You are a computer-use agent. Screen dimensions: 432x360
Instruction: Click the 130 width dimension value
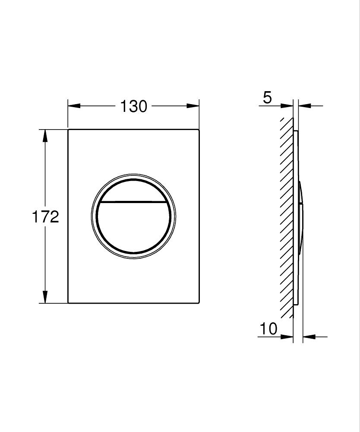click(133, 106)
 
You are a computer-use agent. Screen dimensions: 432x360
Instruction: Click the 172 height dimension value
click(45, 216)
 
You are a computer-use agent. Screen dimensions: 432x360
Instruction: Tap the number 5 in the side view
click(268, 98)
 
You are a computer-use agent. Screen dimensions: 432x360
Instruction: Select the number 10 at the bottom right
click(268, 329)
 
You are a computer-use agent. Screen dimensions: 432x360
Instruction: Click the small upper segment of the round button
click(133, 190)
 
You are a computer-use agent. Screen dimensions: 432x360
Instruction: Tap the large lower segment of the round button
click(133, 227)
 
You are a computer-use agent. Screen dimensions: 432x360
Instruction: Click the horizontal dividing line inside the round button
click(133, 202)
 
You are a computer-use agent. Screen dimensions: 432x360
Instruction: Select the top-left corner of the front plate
click(69, 130)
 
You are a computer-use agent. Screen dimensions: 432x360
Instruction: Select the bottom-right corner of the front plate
click(199, 302)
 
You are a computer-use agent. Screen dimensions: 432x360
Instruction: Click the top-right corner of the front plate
click(199, 130)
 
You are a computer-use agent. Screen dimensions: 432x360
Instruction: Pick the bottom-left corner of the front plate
click(69, 302)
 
